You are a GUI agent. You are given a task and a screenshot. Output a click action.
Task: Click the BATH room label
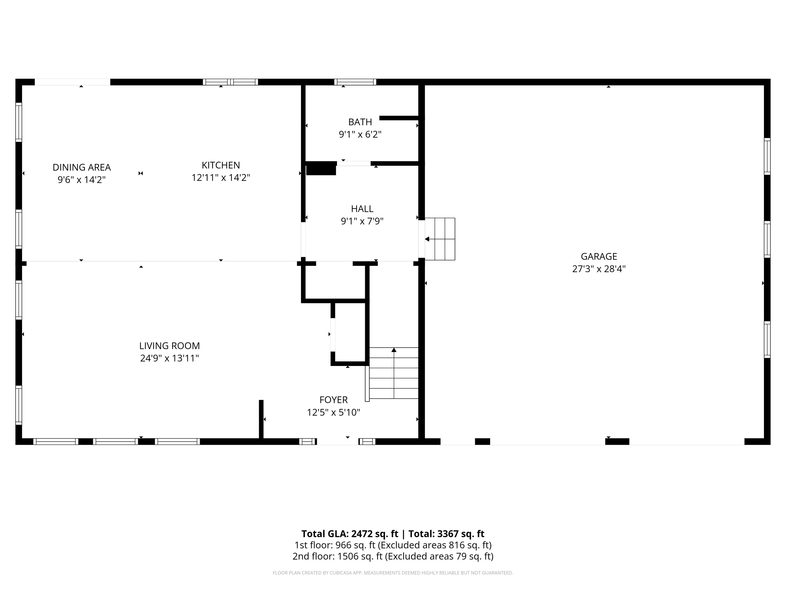click(x=360, y=122)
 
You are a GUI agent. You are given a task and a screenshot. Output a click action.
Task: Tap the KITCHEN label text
click(x=221, y=165)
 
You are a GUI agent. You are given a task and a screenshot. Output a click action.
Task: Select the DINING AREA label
click(x=82, y=167)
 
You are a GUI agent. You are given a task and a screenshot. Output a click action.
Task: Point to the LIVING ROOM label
click(x=170, y=346)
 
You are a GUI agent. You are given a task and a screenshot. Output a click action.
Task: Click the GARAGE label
click(x=599, y=256)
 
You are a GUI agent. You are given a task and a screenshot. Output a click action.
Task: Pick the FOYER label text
click(x=333, y=400)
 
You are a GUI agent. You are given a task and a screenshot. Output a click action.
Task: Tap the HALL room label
click(x=362, y=209)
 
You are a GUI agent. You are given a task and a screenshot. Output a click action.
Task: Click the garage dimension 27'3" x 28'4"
click(x=599, y=269)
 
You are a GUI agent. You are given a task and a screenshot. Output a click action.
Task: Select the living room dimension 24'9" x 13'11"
click(x=170, y=358)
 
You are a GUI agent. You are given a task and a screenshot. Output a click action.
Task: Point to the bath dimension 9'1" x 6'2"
click(x=360, y=135)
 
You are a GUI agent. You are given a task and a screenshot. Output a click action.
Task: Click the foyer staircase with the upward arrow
click(x=394, y=373)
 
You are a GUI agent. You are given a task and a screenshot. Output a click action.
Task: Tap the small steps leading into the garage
click(x=440, y=239)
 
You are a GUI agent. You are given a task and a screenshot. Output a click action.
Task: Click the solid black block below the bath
click(x=321, y=168)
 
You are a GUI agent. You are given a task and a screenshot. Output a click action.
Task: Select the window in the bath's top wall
click(x=355, y=82)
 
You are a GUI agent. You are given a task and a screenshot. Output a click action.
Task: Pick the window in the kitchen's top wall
click(x=230, y=82)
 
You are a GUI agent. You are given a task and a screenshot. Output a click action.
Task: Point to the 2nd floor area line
click(x=393, y=556)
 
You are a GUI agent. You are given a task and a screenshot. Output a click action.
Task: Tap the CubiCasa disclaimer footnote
click(x=393, y=573)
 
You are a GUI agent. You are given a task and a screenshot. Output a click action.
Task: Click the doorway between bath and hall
click(x=353, y=163)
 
